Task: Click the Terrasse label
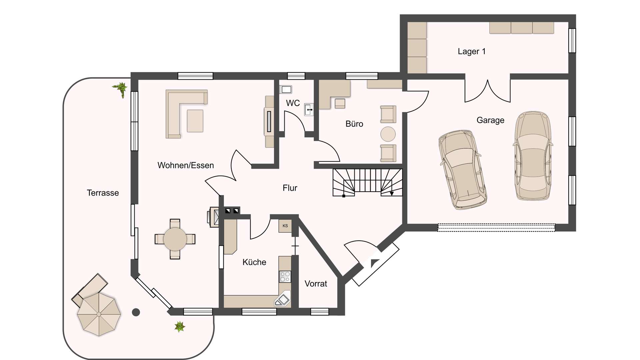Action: pos(103,193)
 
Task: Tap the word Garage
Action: pos(490,120)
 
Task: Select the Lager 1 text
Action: pos(471,51)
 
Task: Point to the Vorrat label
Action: pos(316,284)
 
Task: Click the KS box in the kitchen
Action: pos(285,226)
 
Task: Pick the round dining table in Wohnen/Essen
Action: pos(175,239)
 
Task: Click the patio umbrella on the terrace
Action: pos(99,314)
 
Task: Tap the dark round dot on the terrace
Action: pos(136,312)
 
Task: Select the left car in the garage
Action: pos(462,169)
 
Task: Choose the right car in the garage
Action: pos(532,156)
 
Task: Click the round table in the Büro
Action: pos(388,134)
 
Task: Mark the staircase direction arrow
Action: pos(392,193)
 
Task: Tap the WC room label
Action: pos(293,103)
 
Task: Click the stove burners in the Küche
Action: pos(285,276)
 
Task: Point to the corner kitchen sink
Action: pos(282,300)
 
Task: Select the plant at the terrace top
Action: pos(121,89)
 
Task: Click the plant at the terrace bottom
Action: pos(180,326)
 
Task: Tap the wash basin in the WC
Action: pos(309,109)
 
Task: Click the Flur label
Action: pos(290,188)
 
